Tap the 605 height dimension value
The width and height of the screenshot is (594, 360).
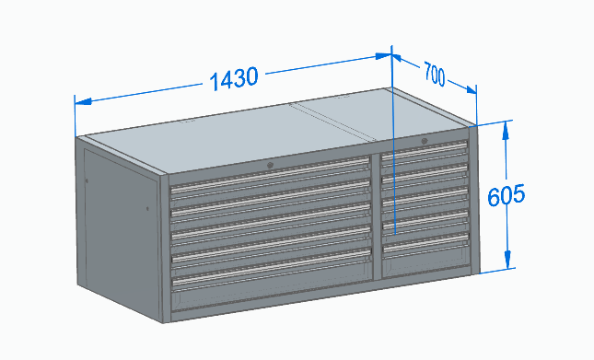507,195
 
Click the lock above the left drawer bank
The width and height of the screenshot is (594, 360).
270,165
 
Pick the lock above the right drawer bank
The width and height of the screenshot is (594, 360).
424,141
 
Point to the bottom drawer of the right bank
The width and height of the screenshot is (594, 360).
425,248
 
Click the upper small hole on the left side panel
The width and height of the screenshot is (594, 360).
87,180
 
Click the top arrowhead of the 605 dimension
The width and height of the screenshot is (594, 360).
506,127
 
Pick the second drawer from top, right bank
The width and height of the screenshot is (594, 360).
425,174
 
